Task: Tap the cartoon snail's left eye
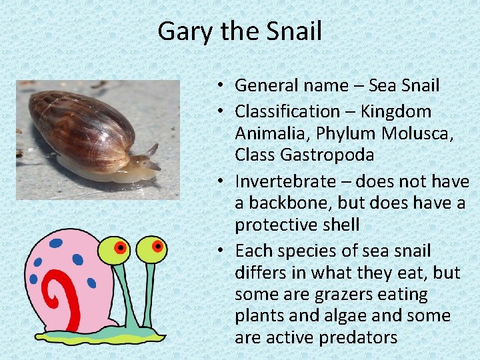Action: click(x=119, y=249)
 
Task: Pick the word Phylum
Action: click(x=346, y=133)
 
